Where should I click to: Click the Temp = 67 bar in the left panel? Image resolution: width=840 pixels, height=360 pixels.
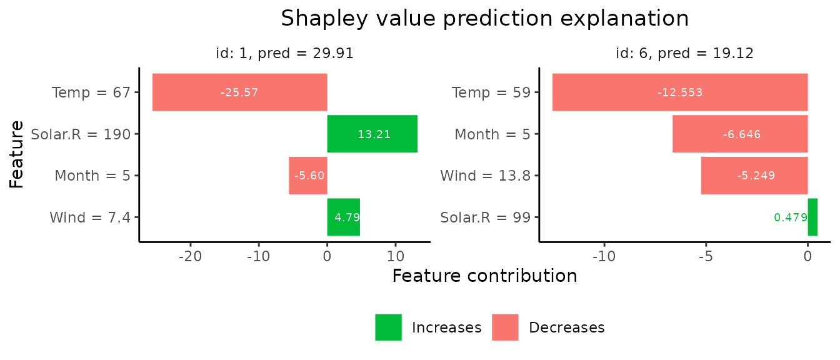239,92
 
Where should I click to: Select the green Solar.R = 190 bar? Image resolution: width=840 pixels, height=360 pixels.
372,134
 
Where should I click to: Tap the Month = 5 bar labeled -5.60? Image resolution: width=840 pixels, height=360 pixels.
307,176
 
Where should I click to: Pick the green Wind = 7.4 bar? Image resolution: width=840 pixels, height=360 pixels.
343,217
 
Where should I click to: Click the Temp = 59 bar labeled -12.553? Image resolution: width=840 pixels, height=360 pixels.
679,92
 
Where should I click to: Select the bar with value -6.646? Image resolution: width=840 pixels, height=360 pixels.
740,134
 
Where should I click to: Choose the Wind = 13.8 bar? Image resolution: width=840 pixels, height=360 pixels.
754,176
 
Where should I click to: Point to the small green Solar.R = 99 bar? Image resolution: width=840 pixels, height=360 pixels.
812,217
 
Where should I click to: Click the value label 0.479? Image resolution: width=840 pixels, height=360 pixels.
790,217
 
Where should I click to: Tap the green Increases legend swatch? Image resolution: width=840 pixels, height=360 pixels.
388,327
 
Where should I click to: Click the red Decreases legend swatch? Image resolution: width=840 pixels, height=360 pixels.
505,327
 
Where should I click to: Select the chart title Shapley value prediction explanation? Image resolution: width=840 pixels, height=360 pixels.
484,19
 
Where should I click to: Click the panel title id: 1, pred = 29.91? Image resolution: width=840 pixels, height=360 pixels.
284,54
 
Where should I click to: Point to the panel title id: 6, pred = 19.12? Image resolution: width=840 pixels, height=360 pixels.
684,54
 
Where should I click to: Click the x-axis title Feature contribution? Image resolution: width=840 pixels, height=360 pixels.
484,276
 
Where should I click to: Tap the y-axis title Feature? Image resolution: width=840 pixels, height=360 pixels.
17,154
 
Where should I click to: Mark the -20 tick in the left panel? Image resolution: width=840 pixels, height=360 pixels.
190,256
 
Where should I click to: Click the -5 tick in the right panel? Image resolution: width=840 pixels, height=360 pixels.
706,256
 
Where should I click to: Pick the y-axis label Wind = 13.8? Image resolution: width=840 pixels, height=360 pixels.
485,176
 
